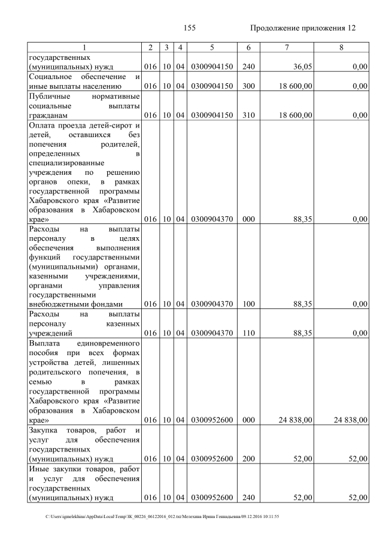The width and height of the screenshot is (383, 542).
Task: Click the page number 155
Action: click(190, 28)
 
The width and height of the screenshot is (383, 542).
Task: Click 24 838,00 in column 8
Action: click(346, 420)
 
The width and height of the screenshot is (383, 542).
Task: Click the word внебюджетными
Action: click(61, 304)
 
